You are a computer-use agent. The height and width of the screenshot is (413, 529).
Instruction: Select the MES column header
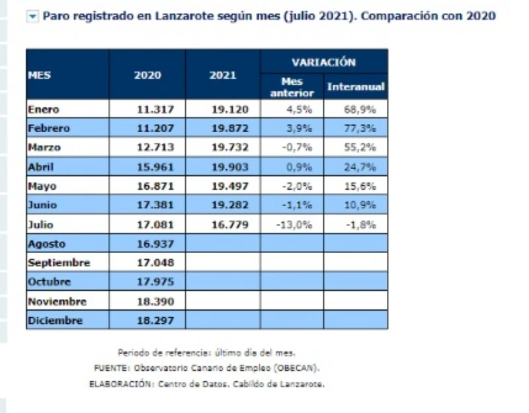(40, 75)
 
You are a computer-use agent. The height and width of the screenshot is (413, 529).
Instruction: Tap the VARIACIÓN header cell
(324, 62)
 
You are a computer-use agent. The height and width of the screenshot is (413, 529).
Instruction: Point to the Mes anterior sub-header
(292, 87)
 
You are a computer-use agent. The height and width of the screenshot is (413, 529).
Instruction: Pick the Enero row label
(44, 109)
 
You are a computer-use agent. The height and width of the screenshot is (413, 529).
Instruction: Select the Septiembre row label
(59, 263)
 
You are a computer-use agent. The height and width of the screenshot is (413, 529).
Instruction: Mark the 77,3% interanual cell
(362, 128)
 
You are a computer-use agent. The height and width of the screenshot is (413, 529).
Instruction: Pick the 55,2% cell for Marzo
(362, 147)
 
